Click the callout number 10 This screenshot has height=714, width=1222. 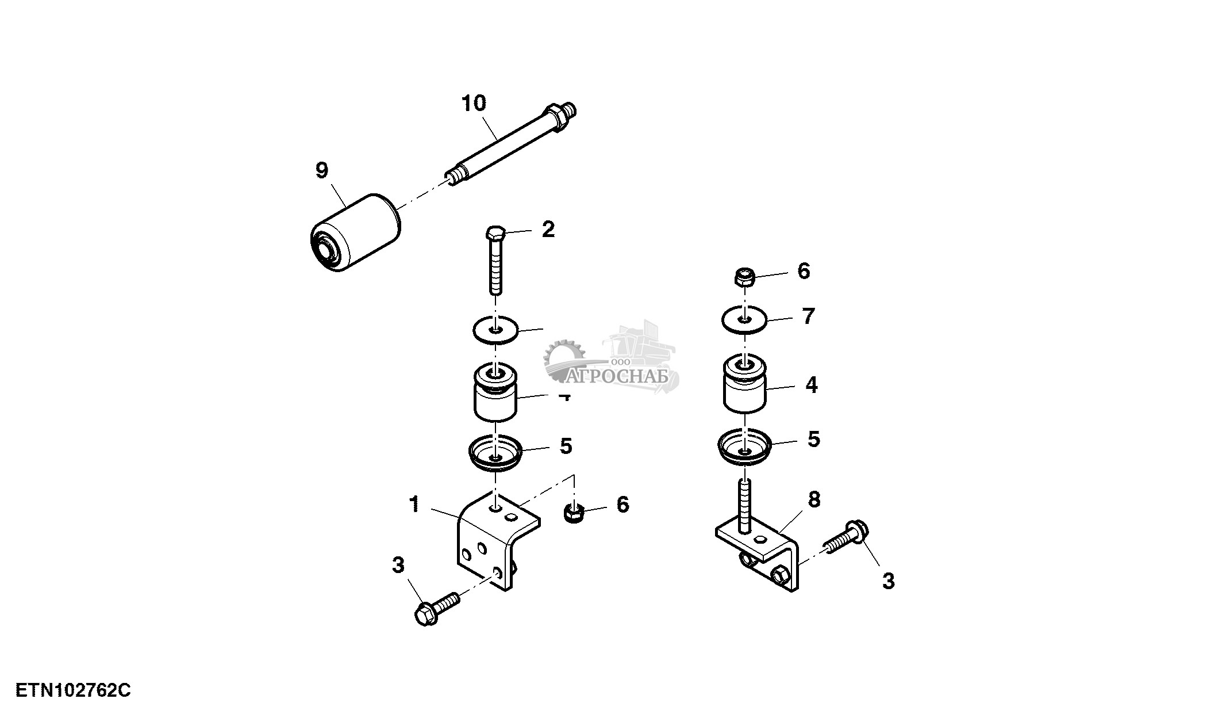coord(474,104)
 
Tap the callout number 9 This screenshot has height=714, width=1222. coord(322,170)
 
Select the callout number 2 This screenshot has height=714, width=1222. coord(548,230)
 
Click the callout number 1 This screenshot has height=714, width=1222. coord(414,505)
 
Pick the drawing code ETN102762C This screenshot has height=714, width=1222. coord(73,690)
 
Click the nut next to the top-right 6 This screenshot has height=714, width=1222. coord(744,277)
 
